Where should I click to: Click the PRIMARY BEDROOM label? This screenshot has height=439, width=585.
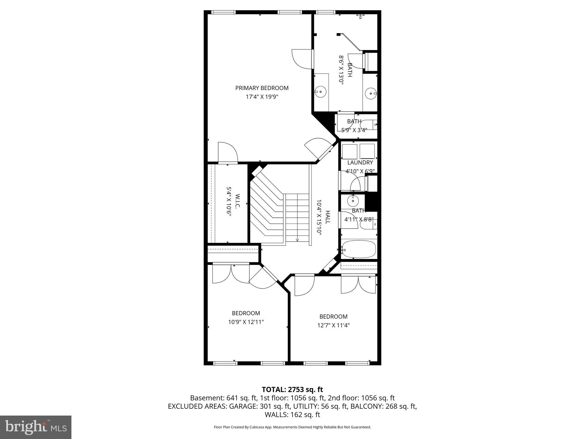click(x=262, y=88)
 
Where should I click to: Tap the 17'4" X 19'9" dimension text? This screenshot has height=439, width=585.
click(x=262, y=97)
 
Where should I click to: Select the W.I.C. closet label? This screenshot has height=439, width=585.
click(x=237, y=201)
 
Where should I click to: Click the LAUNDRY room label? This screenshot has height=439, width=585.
click(x=360, y=163)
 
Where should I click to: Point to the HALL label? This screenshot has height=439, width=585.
click(x=328, y=217)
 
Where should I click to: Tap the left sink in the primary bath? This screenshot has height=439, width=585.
click(x=321, y=92)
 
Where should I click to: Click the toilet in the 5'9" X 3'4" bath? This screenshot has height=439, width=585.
click(x=368, y=125)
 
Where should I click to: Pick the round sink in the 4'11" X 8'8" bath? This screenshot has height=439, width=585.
click(x=353, y=201)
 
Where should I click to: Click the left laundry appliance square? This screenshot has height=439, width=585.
click(x=350, y=151)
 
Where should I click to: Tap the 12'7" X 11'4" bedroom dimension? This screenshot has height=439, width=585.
click(x=333, y=325)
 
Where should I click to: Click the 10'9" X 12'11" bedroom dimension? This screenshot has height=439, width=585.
click(x=246, y=322)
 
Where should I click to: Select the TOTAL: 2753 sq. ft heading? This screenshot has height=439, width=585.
click(x=292, y=389)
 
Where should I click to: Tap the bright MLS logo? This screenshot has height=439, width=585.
click(x=36, y=427)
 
